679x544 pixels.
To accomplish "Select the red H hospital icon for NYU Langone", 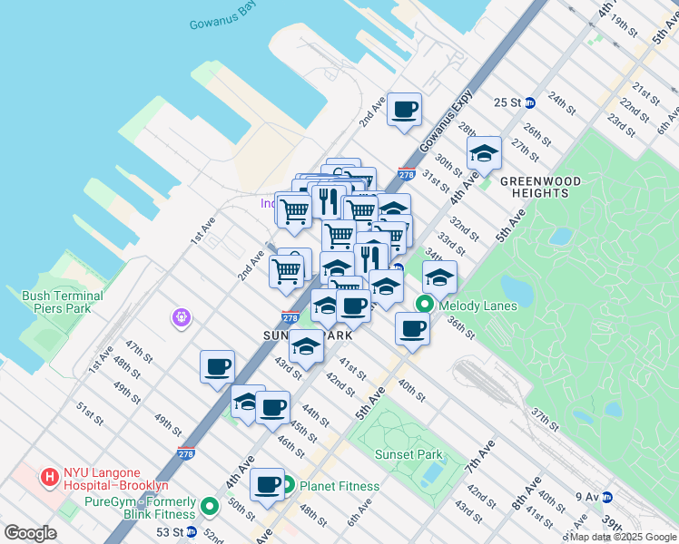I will pyautogui.click(x=49, y=473).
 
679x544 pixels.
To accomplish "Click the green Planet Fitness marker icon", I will pyautogui.click(x=288, y=486).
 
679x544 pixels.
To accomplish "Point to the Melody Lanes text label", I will pyautogui.click(x=477, y=306).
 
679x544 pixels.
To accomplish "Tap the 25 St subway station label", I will pyautogui.click(x=508, y=102).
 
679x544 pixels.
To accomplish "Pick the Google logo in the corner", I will pyautogui.click(x=30, y=533).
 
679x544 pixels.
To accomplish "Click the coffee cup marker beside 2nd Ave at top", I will pyautogui.click(x=405, y=110).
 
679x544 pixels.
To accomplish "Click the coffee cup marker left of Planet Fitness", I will pyautogui.click(x=267, y=483).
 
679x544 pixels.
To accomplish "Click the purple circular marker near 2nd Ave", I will pyautogui.click(x=182, y=317).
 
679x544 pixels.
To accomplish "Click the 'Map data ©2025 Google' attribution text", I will pyautogui.click(x=624, y=537).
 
